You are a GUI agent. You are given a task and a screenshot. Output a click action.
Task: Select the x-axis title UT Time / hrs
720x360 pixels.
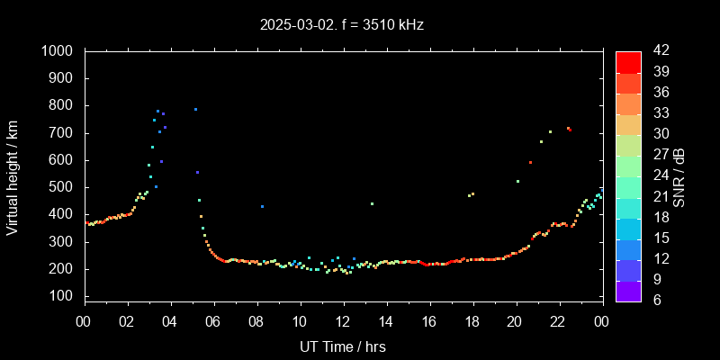coord(343,346)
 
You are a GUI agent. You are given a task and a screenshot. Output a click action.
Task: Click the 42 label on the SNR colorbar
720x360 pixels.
coord(656,52)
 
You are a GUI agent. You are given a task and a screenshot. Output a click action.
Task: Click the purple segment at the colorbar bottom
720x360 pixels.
coord(628,290)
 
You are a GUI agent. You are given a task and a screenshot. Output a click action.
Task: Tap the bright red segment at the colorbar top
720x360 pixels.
coord(628,61)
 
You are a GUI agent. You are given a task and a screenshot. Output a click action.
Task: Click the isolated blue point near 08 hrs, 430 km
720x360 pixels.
coord(262,206)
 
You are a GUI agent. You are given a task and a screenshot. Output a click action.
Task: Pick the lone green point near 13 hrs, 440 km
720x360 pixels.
coord(372,203)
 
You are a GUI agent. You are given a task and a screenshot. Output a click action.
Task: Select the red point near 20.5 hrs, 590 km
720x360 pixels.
coord(530,163)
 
